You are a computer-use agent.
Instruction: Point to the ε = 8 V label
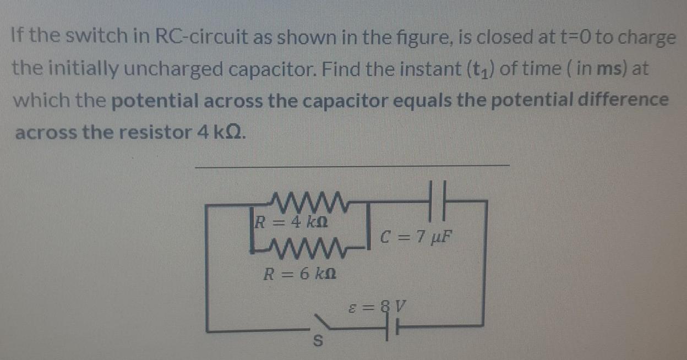coord(380,305)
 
